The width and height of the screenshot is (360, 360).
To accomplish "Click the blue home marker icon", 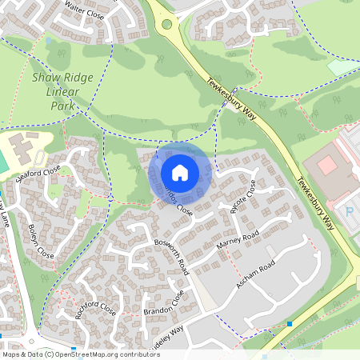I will [x=180, y=172].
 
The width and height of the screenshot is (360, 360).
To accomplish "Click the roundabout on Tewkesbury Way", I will [x=169, y=24].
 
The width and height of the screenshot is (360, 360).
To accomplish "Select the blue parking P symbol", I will [x=350, y=211].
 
